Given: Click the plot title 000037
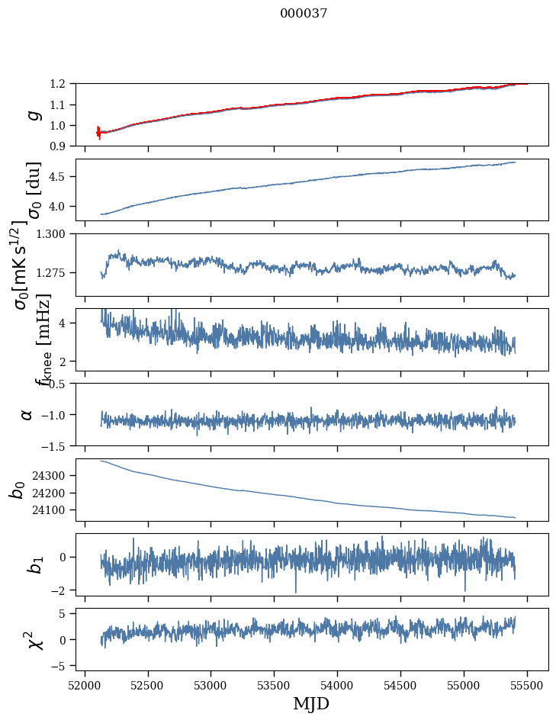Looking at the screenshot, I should [304, 14].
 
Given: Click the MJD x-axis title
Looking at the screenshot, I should [311, 704].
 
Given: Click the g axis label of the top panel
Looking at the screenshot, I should [32, 115].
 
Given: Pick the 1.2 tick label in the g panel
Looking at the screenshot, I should [62, 84].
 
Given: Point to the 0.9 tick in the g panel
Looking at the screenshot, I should [62, 146].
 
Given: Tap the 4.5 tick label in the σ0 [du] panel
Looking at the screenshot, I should [62, 177].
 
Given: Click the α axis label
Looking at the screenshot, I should [27, 414].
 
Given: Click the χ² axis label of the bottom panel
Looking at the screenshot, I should [34, 640].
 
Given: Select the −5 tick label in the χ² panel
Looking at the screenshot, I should [62, 666].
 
